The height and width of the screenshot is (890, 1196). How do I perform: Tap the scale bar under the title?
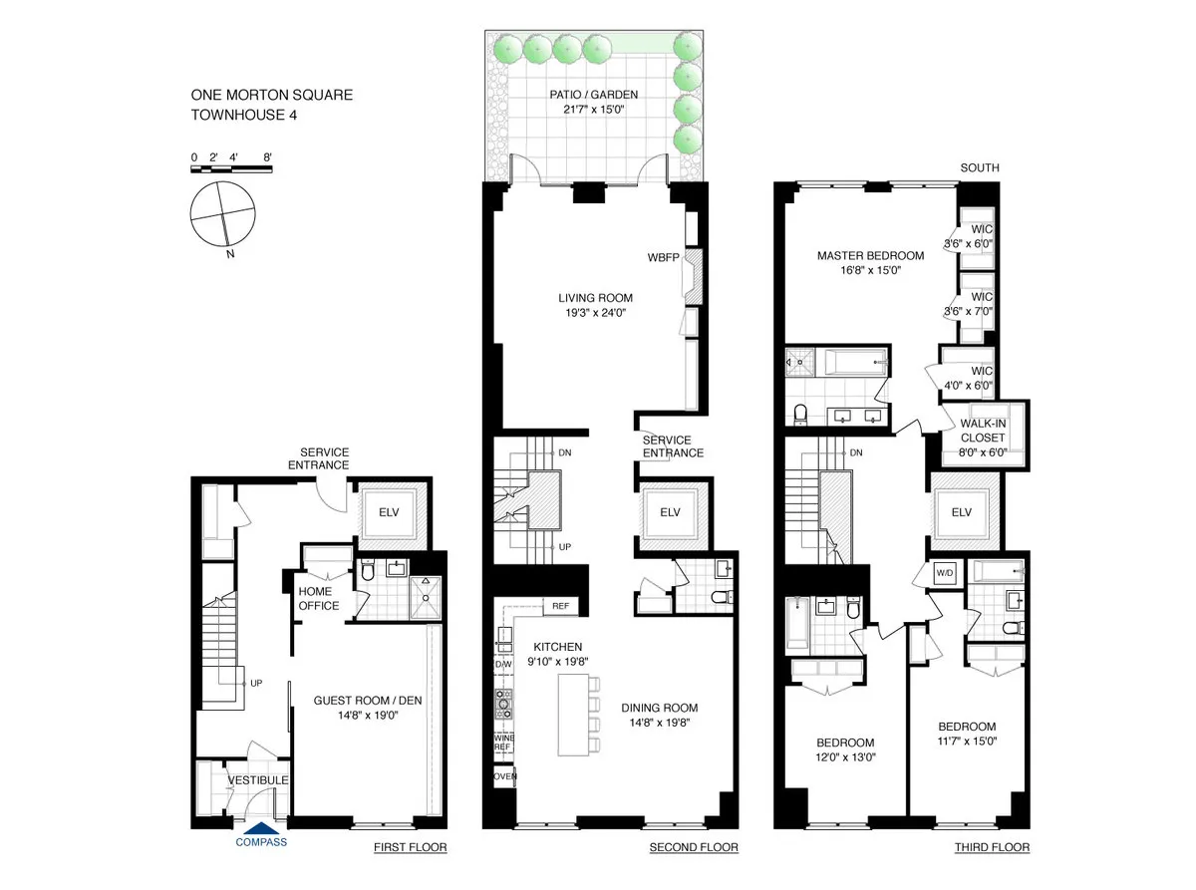[231, 169]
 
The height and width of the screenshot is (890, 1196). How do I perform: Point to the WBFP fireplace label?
[663, 257]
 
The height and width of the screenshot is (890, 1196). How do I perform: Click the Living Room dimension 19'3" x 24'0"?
[595, 312]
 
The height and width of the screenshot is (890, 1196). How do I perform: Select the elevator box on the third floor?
[961, 512]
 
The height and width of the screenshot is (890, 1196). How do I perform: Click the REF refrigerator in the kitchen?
[560, 606]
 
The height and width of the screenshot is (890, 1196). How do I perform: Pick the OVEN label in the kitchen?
[504, 775]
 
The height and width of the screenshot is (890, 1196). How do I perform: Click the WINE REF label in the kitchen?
[504, 742]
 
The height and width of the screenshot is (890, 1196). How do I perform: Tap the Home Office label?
[319, 598]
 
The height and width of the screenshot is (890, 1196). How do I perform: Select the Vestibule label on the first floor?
[258, 779]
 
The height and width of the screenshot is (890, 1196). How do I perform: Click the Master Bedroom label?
[870, 255]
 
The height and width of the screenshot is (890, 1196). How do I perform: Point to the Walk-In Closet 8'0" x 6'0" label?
[984, 437]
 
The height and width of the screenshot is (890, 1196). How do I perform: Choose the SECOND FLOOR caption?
[693, 848]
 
